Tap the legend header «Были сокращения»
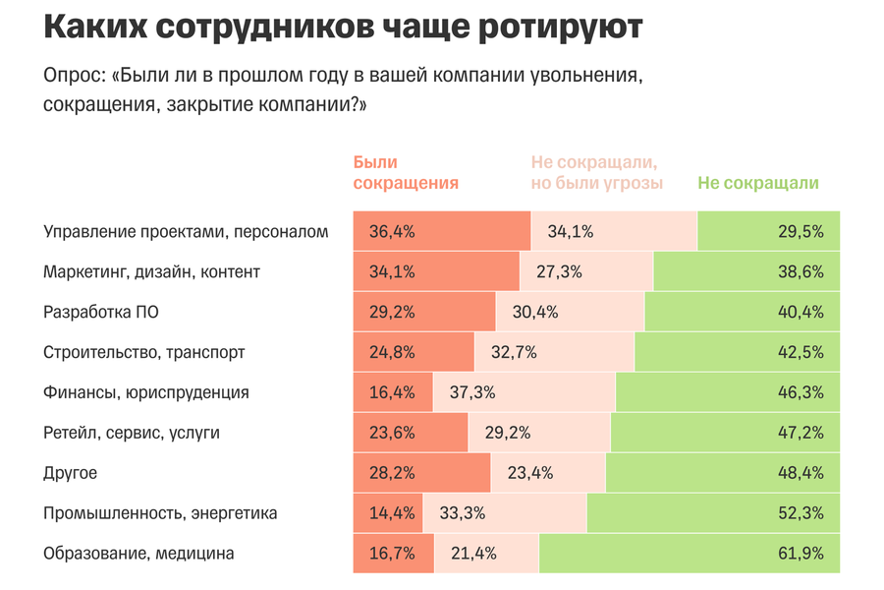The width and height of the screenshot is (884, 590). coord(405,172)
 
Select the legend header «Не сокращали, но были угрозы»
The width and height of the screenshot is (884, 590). coord(596,172)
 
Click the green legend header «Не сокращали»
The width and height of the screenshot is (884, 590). coord(757,183)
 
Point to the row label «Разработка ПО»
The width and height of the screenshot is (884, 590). coord(101,312)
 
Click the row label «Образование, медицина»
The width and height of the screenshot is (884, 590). coord(138,554)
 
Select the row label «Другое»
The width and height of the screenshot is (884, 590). coord(70,473)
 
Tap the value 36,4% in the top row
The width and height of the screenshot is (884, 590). coord(392,232)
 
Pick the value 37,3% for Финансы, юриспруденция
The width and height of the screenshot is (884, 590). coord(472,392)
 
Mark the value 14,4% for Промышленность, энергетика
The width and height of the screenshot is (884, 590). coord(392,513)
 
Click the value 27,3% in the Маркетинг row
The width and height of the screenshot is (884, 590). coord(559,272)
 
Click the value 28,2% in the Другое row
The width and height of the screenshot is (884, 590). coord(392,473)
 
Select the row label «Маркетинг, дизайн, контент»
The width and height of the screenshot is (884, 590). coord(151,272)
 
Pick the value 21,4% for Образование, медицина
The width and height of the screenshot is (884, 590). coord(472,554)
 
